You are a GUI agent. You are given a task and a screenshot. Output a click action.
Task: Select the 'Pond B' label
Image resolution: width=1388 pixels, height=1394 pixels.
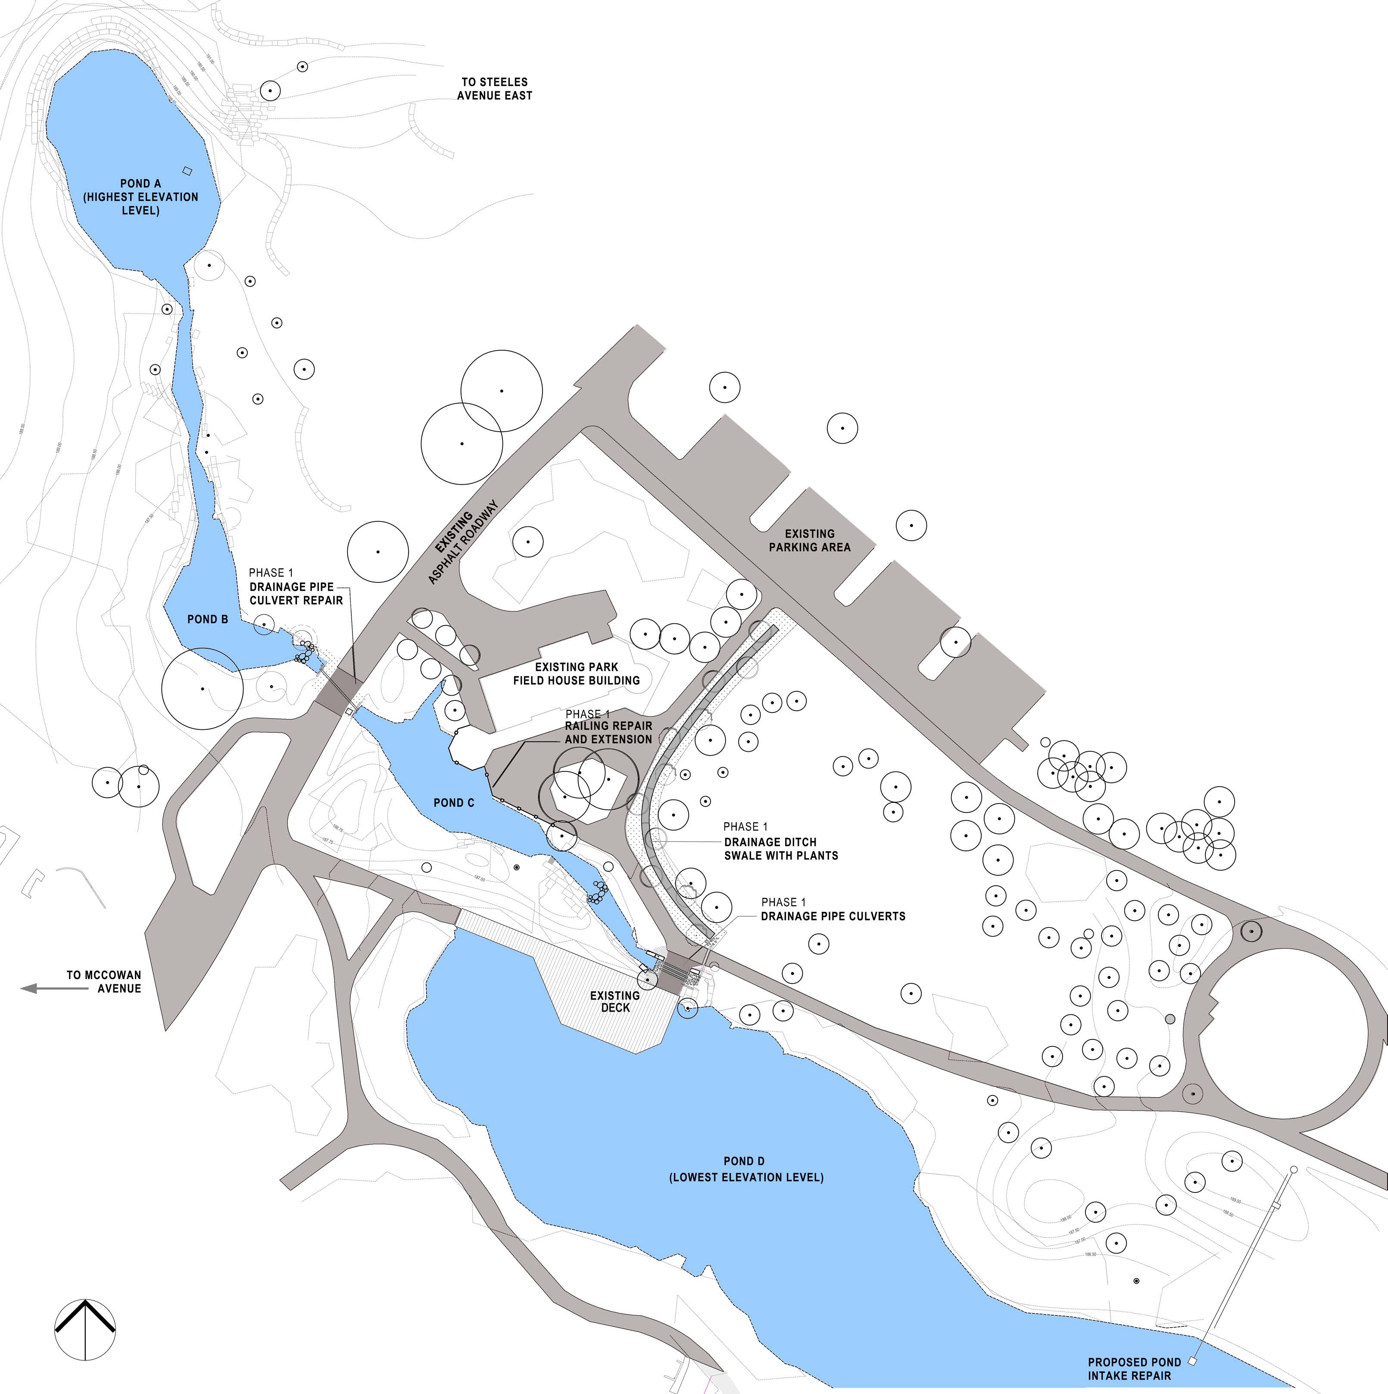click(x=207, y=619)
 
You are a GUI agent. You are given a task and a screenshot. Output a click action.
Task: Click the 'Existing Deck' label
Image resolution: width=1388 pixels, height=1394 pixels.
click(x=615, y=1002)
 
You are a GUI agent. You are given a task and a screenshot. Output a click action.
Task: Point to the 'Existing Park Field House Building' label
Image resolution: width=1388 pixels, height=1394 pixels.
click(x=576, y=674)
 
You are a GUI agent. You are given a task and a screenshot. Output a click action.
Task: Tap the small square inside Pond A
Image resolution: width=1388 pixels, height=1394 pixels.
click(x=187, y=171)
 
